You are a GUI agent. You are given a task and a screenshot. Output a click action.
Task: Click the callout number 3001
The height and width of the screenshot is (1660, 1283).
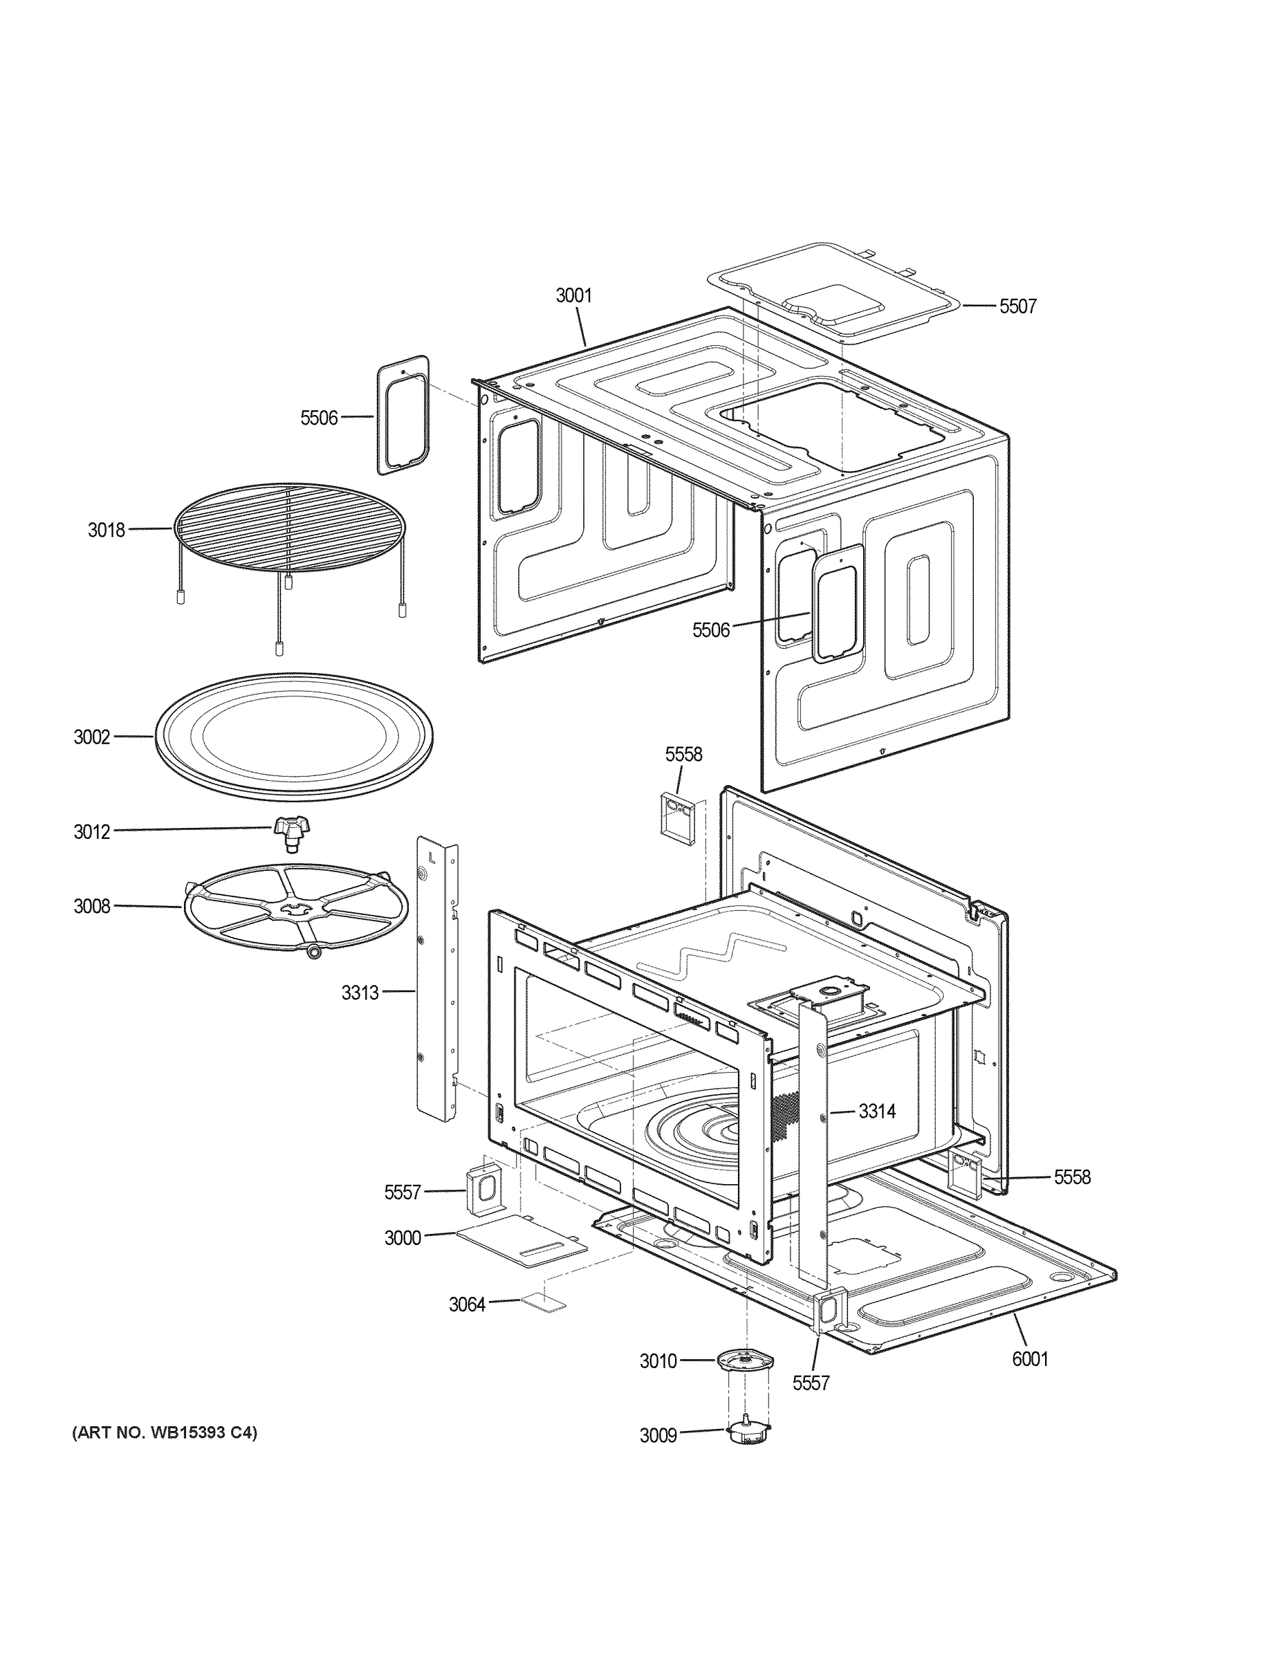click(x=573, y=295)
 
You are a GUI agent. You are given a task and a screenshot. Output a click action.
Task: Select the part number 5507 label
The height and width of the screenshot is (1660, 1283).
click(x=1017, y=306)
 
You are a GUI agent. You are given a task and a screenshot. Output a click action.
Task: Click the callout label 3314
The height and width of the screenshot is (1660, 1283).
click(x=877, y=1112)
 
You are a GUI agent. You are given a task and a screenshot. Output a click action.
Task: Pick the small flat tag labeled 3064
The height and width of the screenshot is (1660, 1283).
click(x=543, y=1304)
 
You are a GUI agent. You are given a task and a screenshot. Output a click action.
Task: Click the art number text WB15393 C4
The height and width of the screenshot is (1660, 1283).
click(x=164, y=1432)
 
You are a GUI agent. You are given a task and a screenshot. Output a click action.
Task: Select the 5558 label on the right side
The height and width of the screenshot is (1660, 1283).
click(x=1071, y=1177)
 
